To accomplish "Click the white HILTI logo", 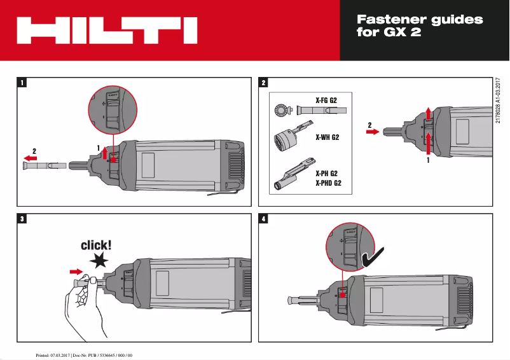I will (107, 30).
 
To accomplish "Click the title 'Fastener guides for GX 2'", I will (420, 26).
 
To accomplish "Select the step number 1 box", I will (23, 82).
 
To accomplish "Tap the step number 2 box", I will (264, 82).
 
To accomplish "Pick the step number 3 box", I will (23, 219).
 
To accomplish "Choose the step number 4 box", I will (264, 219).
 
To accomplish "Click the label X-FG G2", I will (326, 100).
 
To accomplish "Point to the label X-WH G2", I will (327, 137).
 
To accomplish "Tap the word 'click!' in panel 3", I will (96, 245).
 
